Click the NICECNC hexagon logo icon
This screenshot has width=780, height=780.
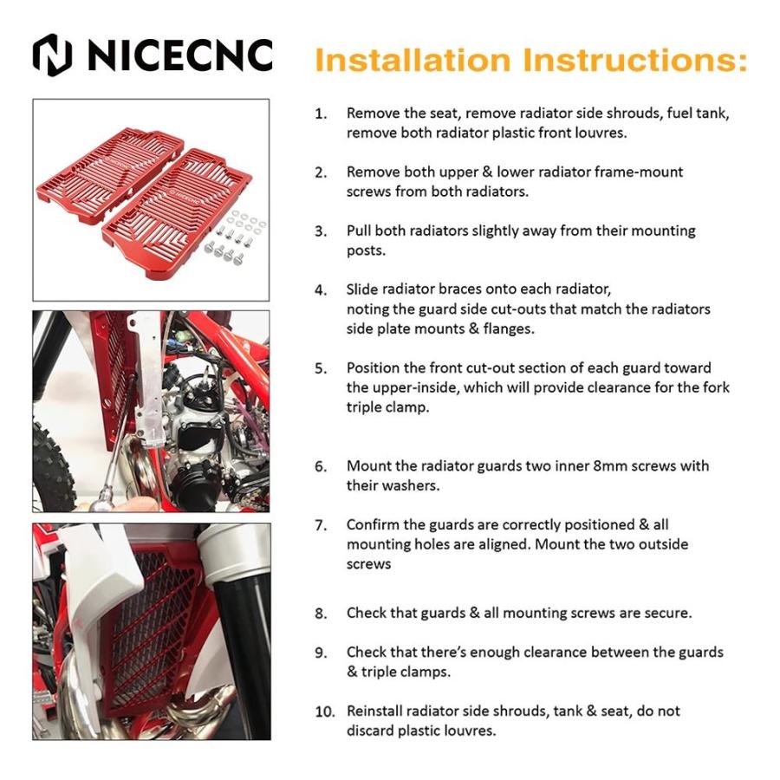pos(53,55)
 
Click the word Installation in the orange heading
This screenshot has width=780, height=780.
pos(413,60)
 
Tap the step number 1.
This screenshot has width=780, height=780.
pos(321,114)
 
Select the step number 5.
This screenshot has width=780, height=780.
pos(321,368)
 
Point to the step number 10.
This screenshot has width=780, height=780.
pos(325,712)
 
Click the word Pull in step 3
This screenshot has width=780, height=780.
pos(359,231)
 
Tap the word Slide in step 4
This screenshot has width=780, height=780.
pos(361,289)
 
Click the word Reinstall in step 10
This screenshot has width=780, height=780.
pos(374,712)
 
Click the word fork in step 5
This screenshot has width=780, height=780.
pos(715,387)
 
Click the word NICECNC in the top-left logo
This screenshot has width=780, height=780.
pos(180,55)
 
